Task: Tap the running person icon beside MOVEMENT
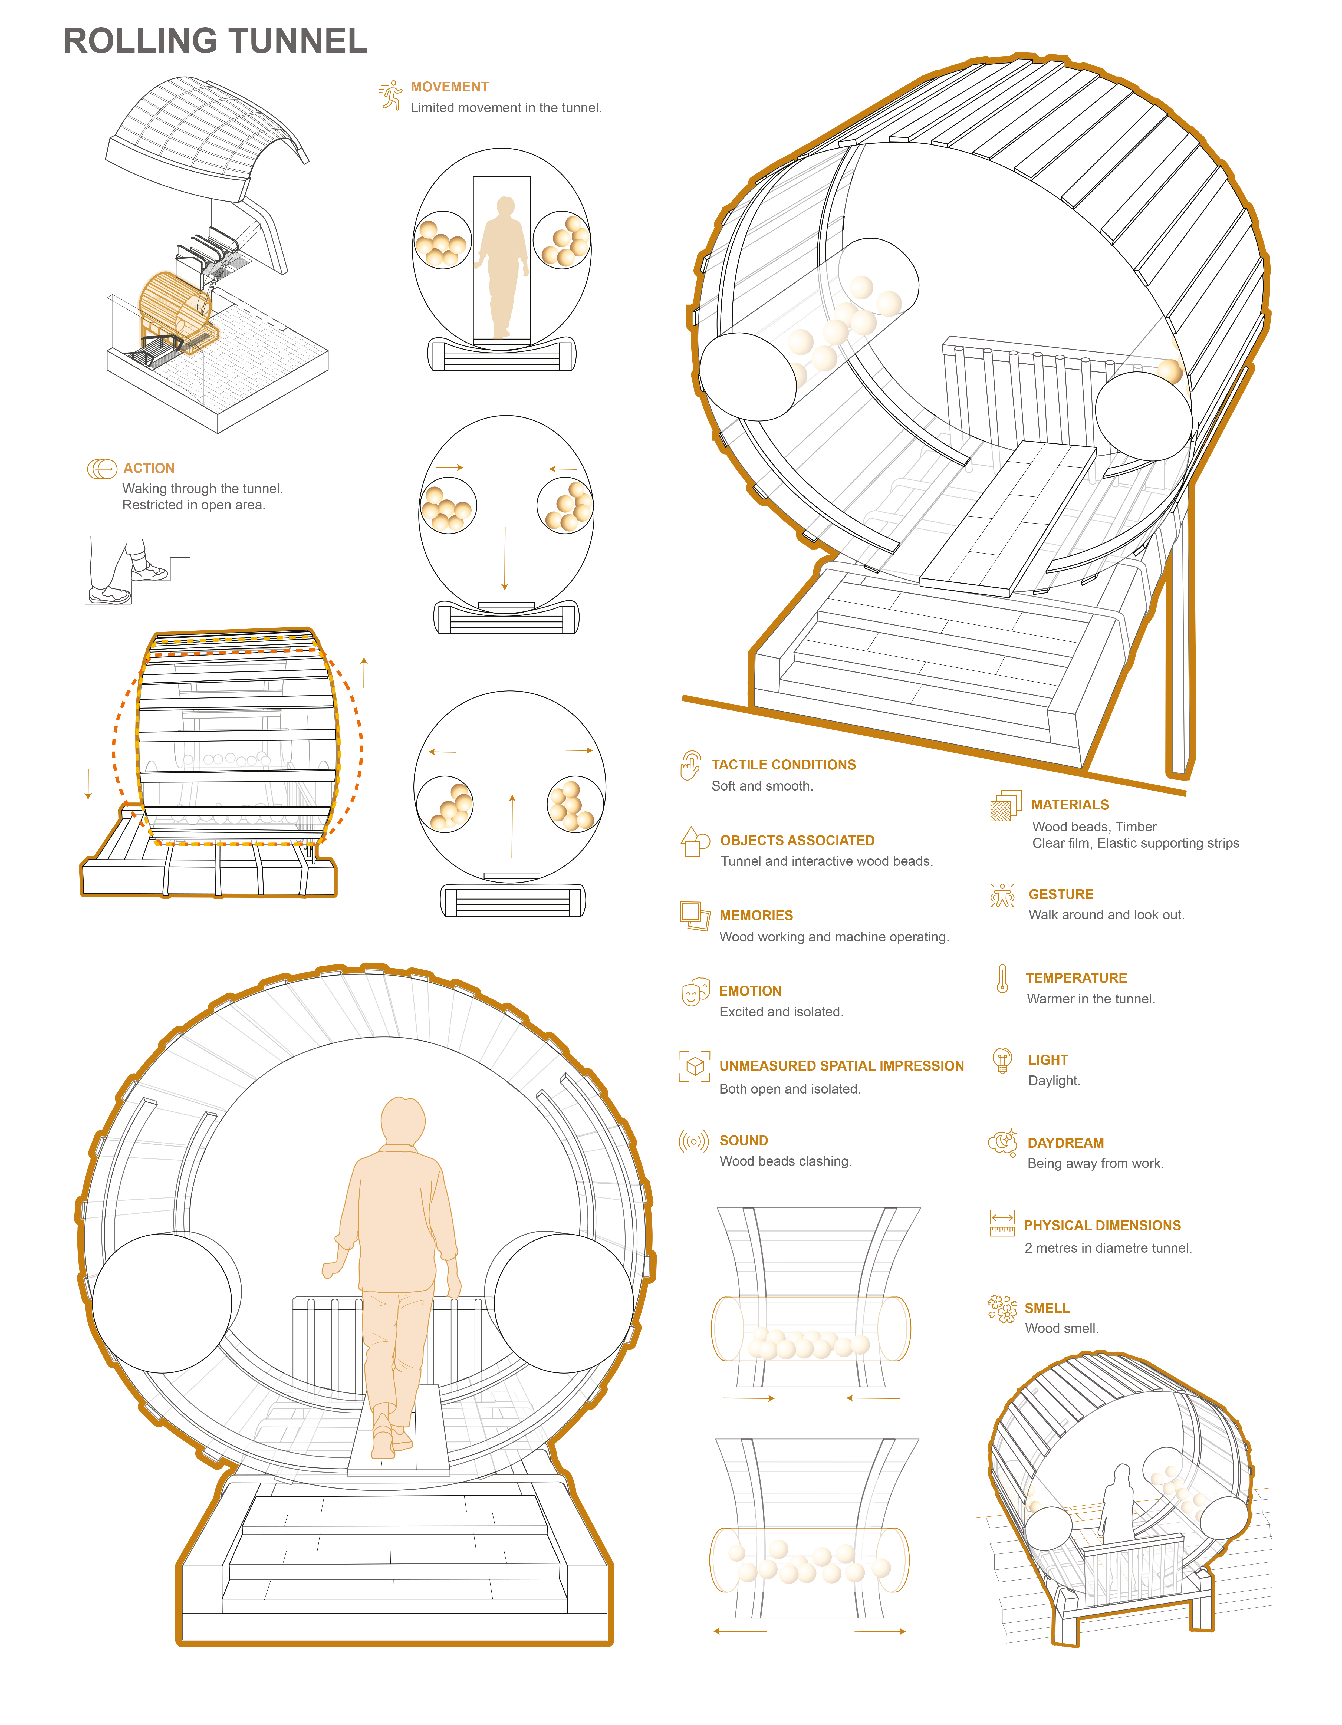tap(390, 95)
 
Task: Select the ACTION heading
tap(149, 468)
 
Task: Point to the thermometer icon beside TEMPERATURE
tap(1002, 979)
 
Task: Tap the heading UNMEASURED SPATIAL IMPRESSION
tap(841, 1066)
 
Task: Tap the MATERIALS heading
tap(1070, 805)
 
